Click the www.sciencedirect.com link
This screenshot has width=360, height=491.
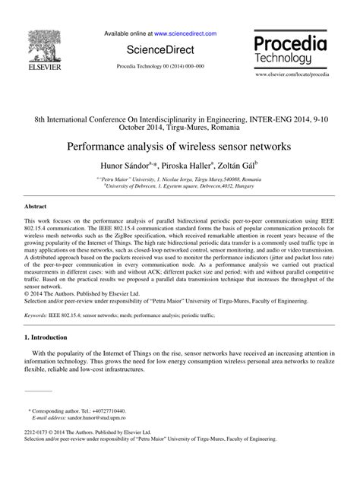(x=185, y=34)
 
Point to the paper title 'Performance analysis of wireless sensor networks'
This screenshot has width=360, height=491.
(x=180, y=142)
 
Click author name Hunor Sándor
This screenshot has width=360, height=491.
(x=147, y=164)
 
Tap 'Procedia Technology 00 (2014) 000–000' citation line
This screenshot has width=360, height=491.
(x=159, y=67)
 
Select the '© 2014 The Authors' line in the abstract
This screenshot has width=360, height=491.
(x=72, y=313)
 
